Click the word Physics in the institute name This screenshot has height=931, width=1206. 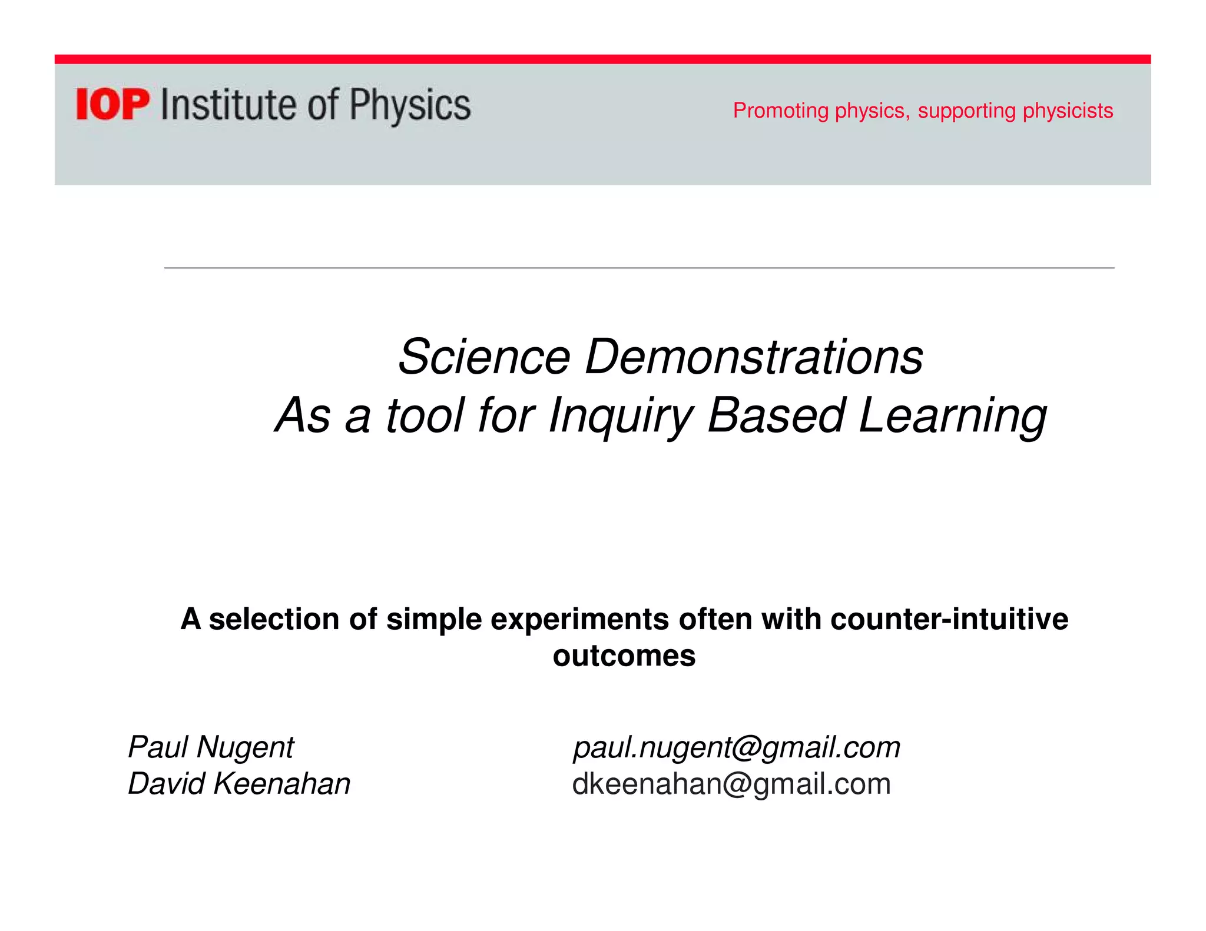tap(410, 106)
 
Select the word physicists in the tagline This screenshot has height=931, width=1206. tap(1068, 111)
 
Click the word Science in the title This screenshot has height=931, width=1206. tap(484, 357)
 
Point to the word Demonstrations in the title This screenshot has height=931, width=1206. tap(754, 357)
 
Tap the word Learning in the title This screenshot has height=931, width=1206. tap(952, 415)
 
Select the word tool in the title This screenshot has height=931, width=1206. tap(425, 415)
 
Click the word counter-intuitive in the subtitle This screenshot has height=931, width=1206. tap(949, 619)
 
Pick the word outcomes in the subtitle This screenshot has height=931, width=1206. tap(624, 656)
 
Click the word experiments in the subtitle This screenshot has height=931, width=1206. tap(579, 619)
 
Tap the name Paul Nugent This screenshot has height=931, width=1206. tap(210, 747)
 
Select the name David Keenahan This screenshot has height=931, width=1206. tap(239, 784)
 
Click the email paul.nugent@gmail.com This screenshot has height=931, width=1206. tap(737, 747)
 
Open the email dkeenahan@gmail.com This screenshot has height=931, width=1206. tap(731, 784)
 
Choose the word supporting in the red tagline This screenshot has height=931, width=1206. tap(966, 111)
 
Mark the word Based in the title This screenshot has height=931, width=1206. tap(776, 415)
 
